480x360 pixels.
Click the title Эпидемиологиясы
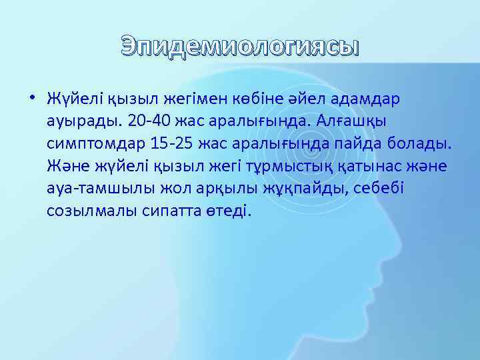coord(240,48)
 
